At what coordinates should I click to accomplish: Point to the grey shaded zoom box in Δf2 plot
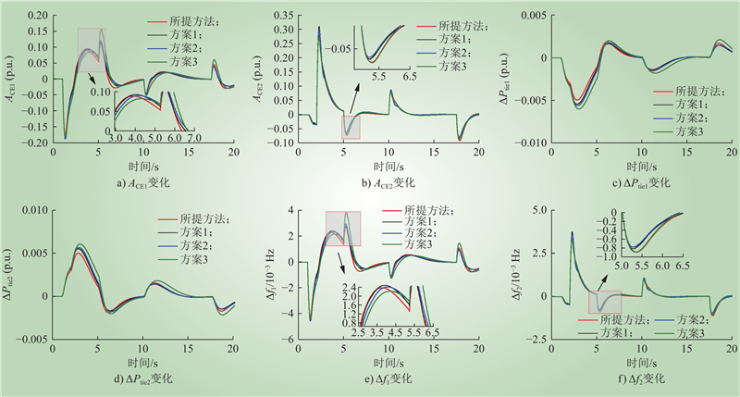click(605, 301)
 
